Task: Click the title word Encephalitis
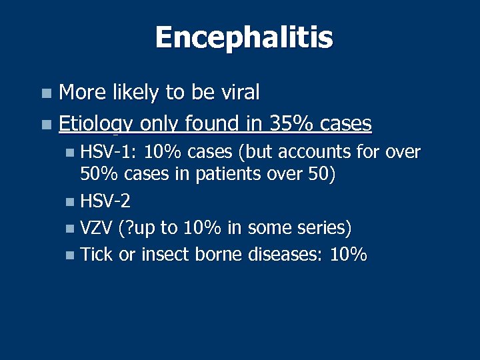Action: coord(243,37)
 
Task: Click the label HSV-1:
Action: coord(109,153)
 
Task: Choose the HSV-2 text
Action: coord(105,201)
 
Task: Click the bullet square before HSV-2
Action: coord(71,201)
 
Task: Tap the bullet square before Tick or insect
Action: coord(71,255)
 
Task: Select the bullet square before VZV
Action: coord(71,229)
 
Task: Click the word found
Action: coord(223,123)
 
